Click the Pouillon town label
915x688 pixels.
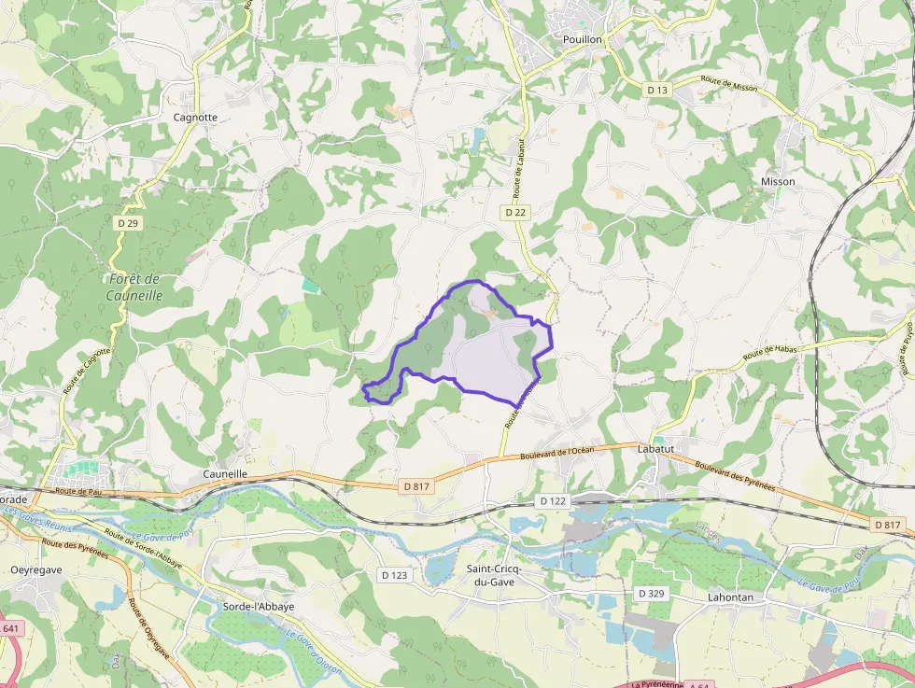583,39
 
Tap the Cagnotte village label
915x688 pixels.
195,118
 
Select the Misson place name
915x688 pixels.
778,181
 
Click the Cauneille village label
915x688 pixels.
225,474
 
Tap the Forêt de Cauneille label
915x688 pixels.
135,287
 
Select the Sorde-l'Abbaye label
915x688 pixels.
259,606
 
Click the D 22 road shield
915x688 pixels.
516,212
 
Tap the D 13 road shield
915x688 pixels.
657,90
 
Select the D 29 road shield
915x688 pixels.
128,223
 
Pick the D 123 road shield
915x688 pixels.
394,575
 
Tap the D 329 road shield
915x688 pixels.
652,593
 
